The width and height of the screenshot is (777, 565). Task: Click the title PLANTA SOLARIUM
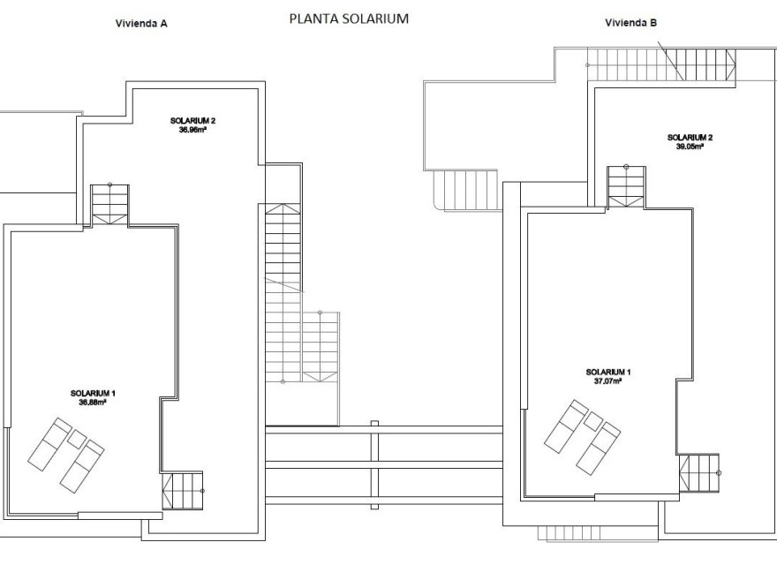(349, 18)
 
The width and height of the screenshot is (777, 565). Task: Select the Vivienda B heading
(630, 24)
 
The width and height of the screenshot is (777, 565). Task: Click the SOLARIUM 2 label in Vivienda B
(690, 138)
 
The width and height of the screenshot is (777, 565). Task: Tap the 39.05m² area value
(690, 147)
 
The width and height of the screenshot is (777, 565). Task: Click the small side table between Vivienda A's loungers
(78, 438)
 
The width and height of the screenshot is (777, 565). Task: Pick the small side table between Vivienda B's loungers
(593, 421)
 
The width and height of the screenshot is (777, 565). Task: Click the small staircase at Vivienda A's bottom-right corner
(182, 490)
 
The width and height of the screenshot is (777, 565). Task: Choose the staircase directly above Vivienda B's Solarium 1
(625, 186)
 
